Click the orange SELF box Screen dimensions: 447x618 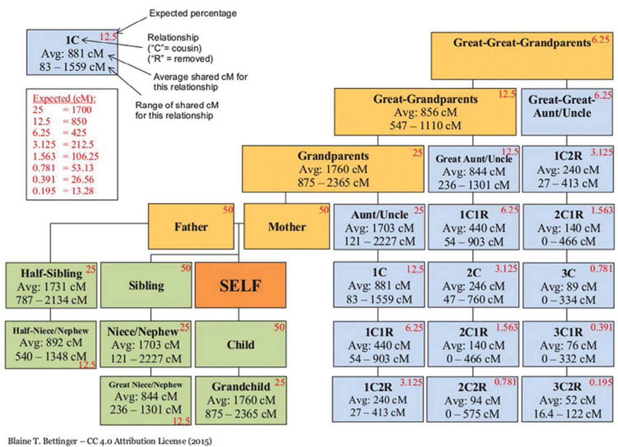[x=240, y=285]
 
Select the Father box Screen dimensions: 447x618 [x=191, y=226]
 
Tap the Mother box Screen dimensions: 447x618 [x=287, y=226]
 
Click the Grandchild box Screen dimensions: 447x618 [x=241, y=400]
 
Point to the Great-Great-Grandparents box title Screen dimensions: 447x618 [x=522, y=43]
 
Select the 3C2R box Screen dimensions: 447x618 [x=568, y=400]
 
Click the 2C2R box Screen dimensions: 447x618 [x=472, y=400]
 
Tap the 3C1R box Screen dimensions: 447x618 [x=568, y=345]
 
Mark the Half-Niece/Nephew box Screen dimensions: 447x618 [x=51, y=344]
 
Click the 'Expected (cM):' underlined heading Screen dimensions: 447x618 [x=64, y=99]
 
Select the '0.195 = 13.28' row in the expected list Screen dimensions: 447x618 [x=63, y=191]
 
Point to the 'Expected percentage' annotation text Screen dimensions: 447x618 [x=193, y=13]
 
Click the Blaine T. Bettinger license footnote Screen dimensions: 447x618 [x=110, y=441]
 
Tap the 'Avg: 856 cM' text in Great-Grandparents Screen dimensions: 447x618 [x=425, y=112]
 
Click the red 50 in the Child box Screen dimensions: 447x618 [x=279, y=327]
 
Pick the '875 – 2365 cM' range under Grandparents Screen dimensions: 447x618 [x=333, y=182]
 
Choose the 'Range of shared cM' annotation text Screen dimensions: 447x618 [x=177, y=105]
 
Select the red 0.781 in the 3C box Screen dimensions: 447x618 [x=601, y=269]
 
